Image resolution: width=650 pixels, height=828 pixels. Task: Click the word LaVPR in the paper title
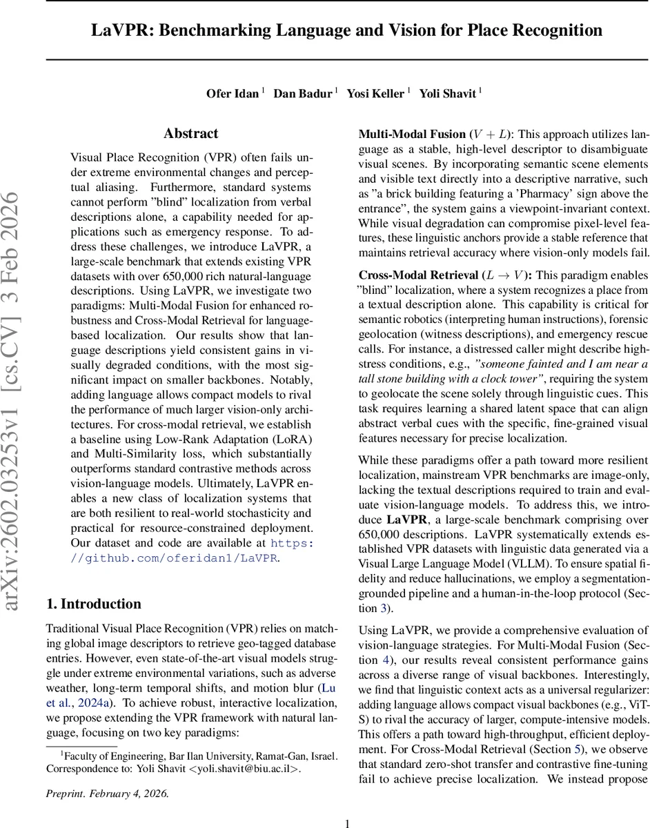(x=119, y=30)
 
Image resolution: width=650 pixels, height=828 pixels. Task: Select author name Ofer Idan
(x=233, y=94)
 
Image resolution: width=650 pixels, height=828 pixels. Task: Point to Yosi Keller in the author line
(x=376, y=94)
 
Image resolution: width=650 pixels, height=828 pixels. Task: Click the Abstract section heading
(x=190, y=134)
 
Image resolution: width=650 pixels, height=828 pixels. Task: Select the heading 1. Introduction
(x=93, y=604)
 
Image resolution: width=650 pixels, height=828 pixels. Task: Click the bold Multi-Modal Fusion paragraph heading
(x=411, y=134)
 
